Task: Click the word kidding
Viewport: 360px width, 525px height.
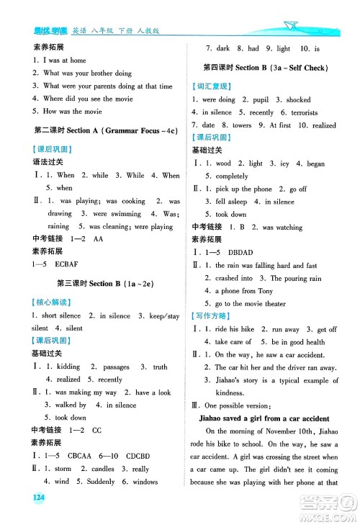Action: click(x=68, y=367)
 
